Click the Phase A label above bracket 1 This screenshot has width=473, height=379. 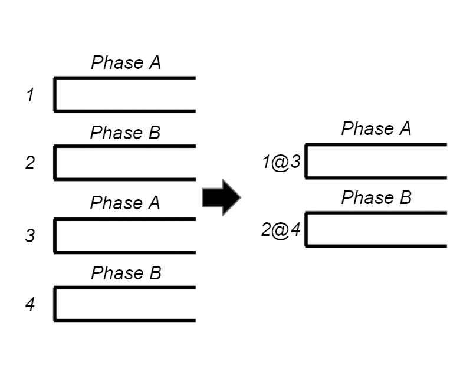pyautogui.click(x=126, y=63)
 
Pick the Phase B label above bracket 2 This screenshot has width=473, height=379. pyautogui.click(x=125, y=133)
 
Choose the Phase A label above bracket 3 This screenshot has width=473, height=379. pyautogui.click(x=125, y=203)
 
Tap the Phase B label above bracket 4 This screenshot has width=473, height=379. pyautogui.click(x=126, y=273)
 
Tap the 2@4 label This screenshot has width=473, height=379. pyautogui.click(x=281, y=229)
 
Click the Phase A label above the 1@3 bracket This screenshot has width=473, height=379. pyautogui.click(x=376, y=129)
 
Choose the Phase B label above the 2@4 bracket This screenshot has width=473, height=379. pyautogui.click(x=376, y=197)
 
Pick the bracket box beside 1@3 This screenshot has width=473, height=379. pyautogui.click(x=376, y=161)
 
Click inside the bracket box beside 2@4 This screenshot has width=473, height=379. pyautogui.click(x=376, y=229)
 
